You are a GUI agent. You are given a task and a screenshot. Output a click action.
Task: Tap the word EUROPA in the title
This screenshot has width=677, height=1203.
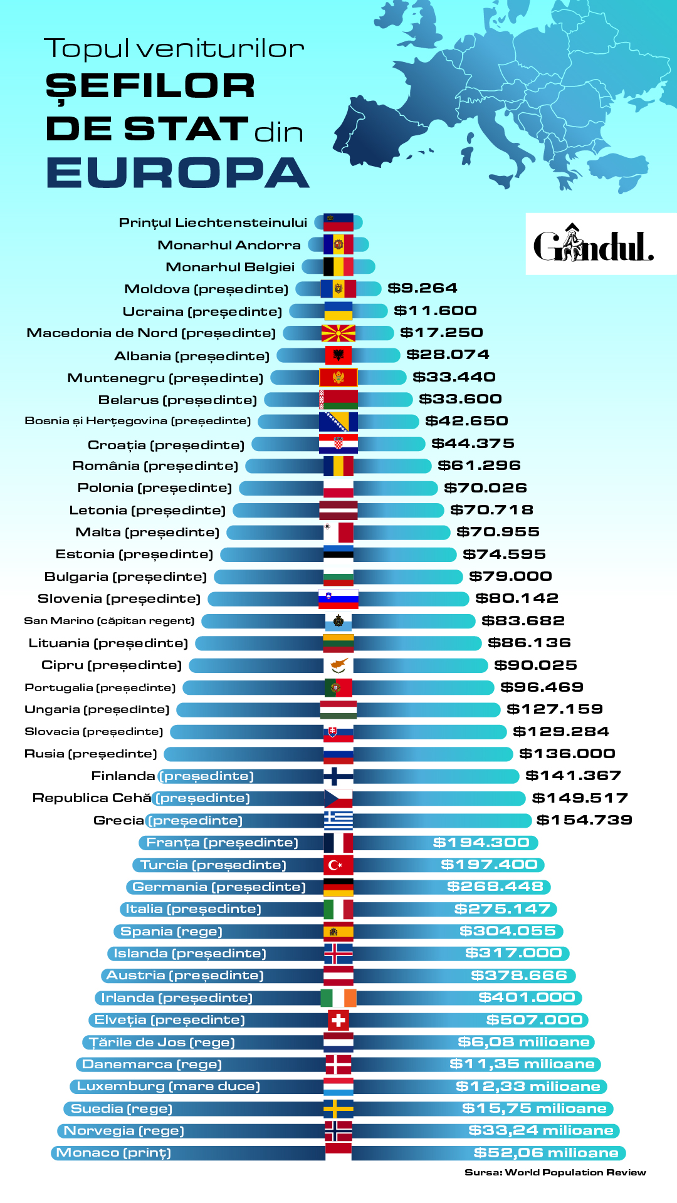point(178,172)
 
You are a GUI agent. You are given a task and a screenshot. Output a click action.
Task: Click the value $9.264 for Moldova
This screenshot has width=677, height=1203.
point(422,288)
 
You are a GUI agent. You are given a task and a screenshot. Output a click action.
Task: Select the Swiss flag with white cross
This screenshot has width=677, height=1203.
point(338,1020)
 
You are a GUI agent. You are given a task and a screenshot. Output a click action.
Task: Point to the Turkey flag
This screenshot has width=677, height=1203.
point(338,865)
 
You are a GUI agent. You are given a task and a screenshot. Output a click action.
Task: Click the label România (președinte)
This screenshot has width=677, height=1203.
point(155,466)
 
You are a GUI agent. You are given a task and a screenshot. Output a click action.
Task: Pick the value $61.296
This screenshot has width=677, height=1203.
point(479,466)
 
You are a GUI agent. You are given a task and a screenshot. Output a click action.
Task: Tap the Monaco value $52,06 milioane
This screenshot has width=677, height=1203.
point(546,1153)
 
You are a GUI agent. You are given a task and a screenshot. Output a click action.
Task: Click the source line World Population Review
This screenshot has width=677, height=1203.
point(555,1172)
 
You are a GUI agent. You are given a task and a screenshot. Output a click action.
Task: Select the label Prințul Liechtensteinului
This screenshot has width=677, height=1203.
point(213,222)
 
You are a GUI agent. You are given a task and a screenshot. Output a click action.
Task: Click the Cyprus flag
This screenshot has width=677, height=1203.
point(338,665)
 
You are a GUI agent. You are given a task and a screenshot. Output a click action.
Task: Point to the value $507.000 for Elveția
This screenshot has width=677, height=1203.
point(535,1020)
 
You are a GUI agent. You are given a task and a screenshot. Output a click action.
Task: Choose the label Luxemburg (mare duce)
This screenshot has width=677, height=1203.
point(168,1086)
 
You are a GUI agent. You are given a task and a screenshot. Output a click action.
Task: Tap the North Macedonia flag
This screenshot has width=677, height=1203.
point(338,333)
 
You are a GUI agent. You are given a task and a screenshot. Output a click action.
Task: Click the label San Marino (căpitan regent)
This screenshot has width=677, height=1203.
point(109,621)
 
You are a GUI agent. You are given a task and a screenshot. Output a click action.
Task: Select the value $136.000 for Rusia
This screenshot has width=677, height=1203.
point(567,754)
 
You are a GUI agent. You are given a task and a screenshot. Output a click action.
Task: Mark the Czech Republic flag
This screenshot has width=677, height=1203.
point(338,798)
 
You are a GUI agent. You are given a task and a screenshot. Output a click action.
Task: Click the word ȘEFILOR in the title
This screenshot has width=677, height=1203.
point(150,86)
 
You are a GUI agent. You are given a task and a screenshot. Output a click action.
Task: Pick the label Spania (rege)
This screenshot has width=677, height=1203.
point(171,932)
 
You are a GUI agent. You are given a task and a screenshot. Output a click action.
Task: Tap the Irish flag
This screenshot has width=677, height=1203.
point(338,998)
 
